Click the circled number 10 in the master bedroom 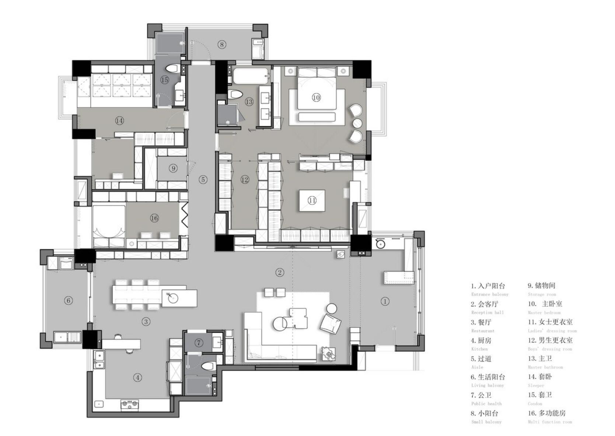(316, 97)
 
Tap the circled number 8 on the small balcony (221, 45)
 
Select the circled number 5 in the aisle (203, 180)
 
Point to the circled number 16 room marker (154, 218)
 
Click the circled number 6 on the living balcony (69, 300)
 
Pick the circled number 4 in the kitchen (137, 377)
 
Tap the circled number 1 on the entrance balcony (385, 301)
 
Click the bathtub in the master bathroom (250, 76)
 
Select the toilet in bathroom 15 (172, 69)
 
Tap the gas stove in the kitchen (129, 404)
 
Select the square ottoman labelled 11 (312, 200)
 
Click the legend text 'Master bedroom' (544, 313)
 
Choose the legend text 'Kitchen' (479, 349)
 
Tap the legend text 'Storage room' (541, 294)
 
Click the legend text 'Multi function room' (550, 422)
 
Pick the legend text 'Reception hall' (487, 313)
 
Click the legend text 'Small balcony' (486, 422)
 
